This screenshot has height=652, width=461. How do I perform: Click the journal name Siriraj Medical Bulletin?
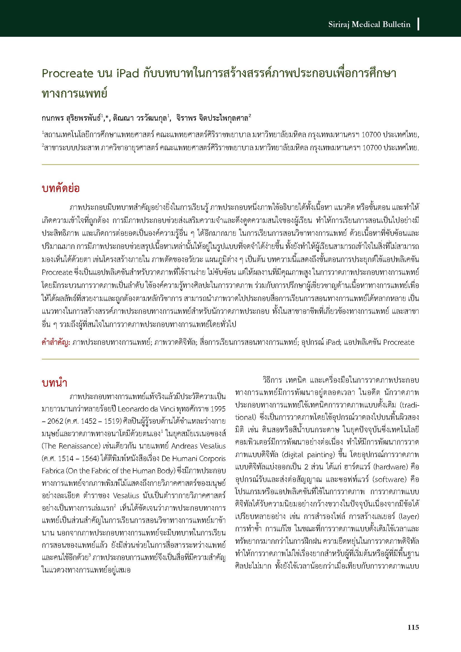(369, 25)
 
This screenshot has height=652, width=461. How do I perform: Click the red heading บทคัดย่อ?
(61, 188)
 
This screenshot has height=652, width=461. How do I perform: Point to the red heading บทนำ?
(55, 383)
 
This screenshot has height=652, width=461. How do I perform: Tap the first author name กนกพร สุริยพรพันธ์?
(71, 118)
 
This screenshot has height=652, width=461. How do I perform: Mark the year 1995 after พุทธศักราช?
(217, 409)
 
